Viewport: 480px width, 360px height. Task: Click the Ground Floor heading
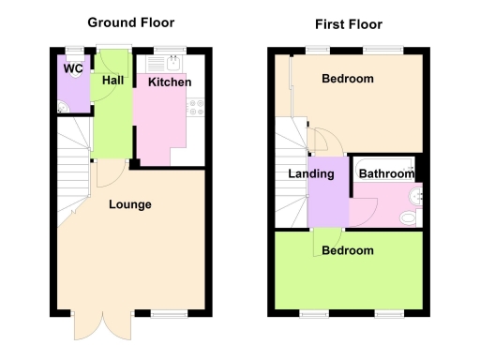(131, 22)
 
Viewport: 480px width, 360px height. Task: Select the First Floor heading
(348, 24)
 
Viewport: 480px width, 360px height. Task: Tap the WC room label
(72, 68)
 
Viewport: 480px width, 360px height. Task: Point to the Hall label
(112, 81)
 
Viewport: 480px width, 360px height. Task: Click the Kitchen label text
(170, 82)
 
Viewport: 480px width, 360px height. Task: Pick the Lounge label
(130, 204)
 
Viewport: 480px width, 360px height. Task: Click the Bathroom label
(386, 173)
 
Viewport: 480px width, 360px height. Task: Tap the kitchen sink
(173, 65)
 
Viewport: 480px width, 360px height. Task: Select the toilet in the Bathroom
(407, 218)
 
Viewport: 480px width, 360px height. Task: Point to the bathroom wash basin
(418, 196)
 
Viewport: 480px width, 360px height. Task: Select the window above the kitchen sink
(169, 49)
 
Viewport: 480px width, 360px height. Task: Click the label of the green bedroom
(347, 250)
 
